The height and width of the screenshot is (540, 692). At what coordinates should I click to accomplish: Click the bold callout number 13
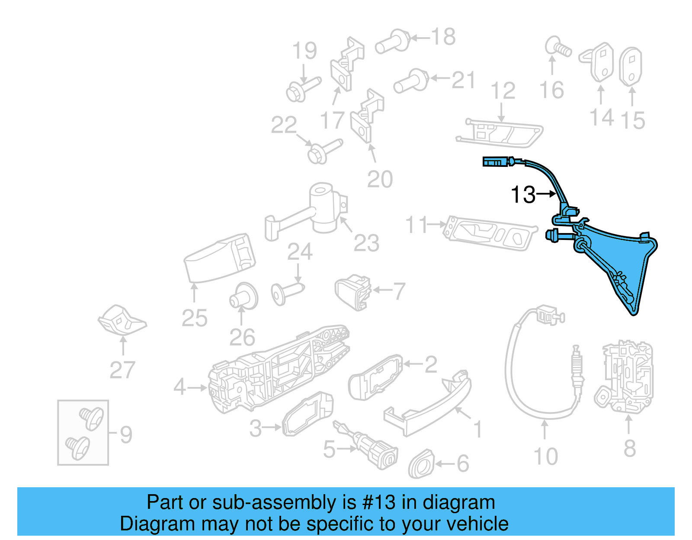tap(522, 195)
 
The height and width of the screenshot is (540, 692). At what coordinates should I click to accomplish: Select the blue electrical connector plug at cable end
tap(495, 162)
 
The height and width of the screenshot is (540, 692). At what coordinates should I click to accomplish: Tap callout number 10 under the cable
tap(546, 457)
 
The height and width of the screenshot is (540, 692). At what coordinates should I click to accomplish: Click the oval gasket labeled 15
tap(631, 67)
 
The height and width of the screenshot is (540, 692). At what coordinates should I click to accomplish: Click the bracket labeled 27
tap(122, 320)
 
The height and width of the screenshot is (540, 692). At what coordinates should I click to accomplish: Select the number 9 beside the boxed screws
tap(126, 434)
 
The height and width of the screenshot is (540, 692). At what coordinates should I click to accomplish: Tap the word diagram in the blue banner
tap(458, 502)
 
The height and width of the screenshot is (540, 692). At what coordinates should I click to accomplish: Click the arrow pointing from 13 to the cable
tap(547, 194)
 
